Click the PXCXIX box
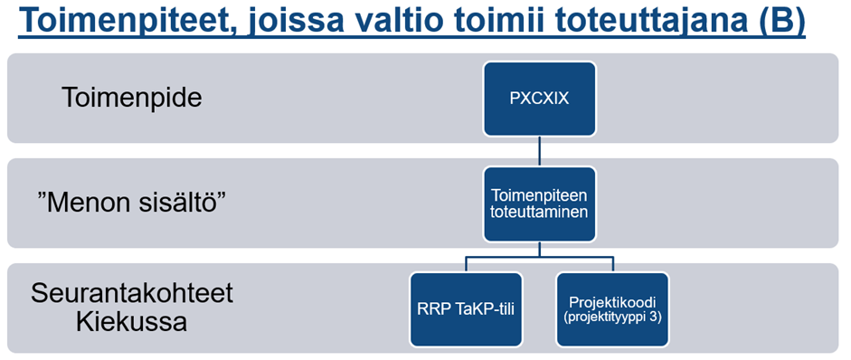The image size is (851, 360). coord(540,99)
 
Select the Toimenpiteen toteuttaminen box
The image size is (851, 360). coord(540,204)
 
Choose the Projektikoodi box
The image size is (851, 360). coord(613,309)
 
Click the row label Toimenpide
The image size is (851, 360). coord(132,99)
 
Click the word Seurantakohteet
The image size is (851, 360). coord(132,294)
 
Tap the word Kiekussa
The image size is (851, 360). coord(132,322)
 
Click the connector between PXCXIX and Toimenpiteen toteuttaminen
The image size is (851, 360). coord(540,151)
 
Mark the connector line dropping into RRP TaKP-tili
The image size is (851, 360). coord(467,264)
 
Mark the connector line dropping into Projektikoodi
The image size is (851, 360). coord(613,264)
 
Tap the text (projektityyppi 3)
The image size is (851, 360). coord(613,318)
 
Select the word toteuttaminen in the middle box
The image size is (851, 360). coord(539,213)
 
